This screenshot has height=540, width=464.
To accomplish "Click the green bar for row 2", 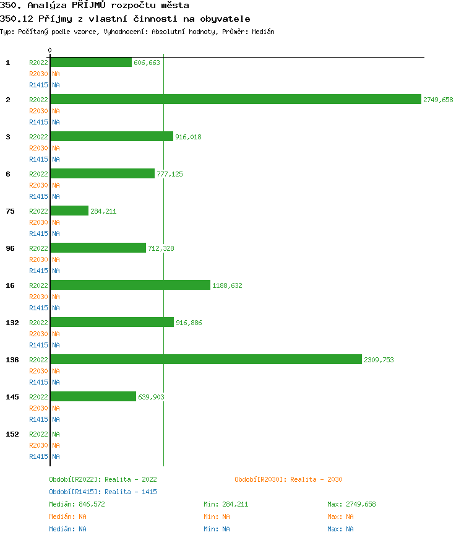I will coord(235,99).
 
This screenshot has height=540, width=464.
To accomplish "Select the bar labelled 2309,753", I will coord(205,359).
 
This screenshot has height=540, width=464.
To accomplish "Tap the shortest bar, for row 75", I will coord(69,211).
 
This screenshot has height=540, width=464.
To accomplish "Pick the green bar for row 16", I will coord(130,285).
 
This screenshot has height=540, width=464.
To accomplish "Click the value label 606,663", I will coord(147,63).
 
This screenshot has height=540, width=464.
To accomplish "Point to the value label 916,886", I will coord(189,323).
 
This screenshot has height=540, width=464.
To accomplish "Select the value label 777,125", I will coord(170,174).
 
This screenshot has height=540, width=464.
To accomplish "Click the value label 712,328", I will coord(161,248).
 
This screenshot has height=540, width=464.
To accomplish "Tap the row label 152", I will coord(12,434).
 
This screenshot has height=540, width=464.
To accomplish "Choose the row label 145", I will coord(12,397).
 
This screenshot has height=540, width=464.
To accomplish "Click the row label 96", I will coord(10,248).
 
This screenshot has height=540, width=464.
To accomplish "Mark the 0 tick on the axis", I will coord(50,50).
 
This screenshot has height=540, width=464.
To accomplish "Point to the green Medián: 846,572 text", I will coord(77,504).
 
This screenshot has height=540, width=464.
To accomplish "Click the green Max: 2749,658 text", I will coord(351,504).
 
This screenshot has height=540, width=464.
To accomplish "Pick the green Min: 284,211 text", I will coord(226,504).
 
